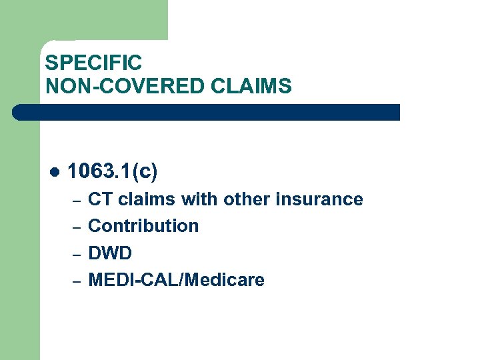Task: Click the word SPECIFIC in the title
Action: (x=93, y=63)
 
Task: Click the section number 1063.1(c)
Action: (x=113, y=171)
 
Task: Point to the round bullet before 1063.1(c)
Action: (x=54, y=172)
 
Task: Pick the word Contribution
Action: (x=143, y=226)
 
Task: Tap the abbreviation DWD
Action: (x=110, y=253)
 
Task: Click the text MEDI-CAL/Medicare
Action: (x=176, y=280)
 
